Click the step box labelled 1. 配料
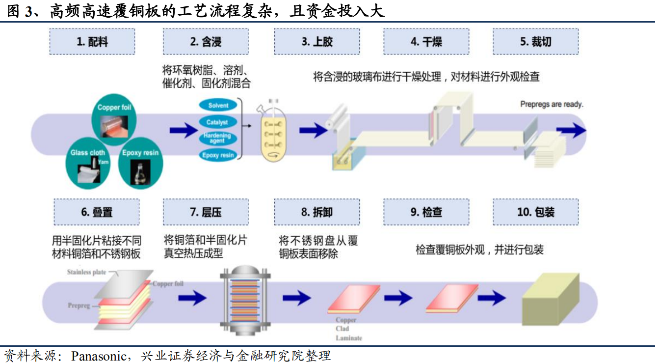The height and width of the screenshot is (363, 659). click(92, 42)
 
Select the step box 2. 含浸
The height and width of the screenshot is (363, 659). click(206, 42)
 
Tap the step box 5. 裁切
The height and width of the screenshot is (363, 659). click(535, 42)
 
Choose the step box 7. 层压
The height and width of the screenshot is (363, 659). click(206, 212)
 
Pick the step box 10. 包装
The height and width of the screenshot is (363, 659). click(535, 212)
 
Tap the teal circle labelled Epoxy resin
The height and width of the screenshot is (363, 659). click(140, 162)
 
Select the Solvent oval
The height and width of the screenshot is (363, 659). click(218, 106)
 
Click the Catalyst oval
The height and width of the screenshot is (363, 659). click(217, 122)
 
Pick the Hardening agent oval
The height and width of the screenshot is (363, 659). click(217, 139)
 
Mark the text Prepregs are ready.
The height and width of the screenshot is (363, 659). click(552, 104)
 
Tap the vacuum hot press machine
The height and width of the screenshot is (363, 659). click(243, 300)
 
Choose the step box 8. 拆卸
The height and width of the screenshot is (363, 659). click(316, 212)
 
